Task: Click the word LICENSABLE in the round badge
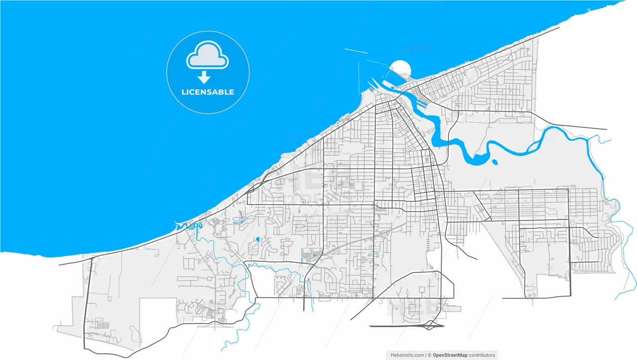pos(208,92)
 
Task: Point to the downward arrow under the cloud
pos(204,77)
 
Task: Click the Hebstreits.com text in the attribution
pos(407,355)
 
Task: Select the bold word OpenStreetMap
pos(450,355)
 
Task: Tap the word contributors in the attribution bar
pos(482,355)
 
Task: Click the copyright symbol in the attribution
pos(428,355)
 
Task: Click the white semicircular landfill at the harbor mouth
pos(401,68)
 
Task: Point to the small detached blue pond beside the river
pos(495,161)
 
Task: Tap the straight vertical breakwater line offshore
pos(358,77)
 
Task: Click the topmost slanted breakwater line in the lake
pos(355,51)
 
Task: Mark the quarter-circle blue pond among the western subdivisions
pos(257,240)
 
